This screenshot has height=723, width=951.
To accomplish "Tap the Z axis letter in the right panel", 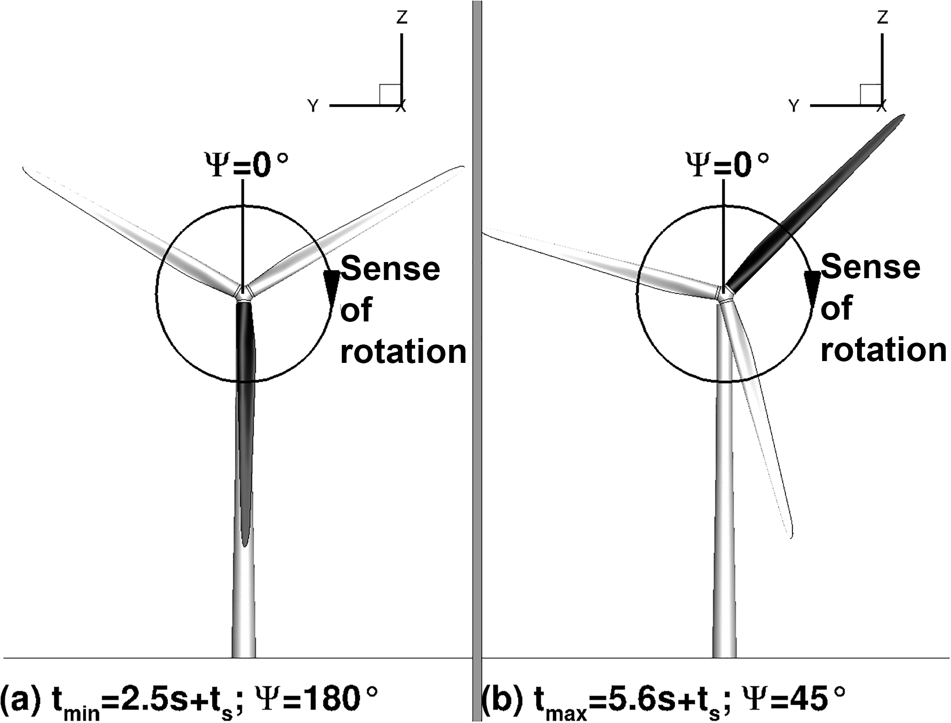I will tap(882, 17).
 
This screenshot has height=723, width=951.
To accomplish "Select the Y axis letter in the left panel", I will tap(313, 106).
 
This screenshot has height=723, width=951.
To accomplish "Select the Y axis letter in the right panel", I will tap(793, 106).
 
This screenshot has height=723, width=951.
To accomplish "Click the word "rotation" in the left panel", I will tap(403, 352).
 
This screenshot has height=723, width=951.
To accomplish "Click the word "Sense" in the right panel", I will tap(870, 267).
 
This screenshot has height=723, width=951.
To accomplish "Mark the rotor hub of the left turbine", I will tap(244, 292).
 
